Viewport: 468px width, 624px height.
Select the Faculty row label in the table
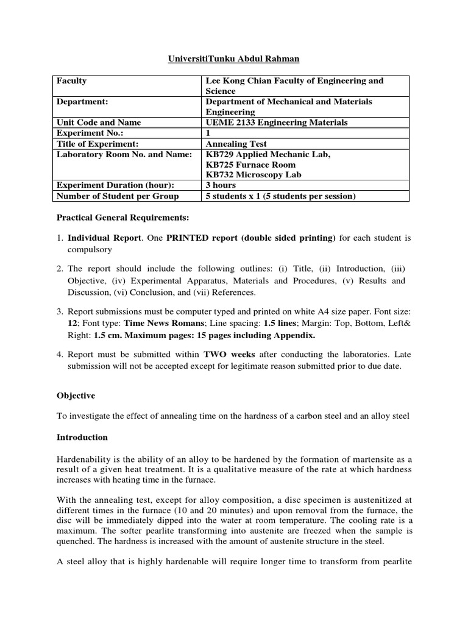click(72, 80)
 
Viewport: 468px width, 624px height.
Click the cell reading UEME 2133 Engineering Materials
click(277, 122)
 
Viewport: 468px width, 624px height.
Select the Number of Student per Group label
click(118, 196)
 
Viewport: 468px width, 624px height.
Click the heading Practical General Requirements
click(122, 218)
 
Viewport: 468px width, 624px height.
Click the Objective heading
click(76, 395)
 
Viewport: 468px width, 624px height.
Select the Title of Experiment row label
click(96, 144)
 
